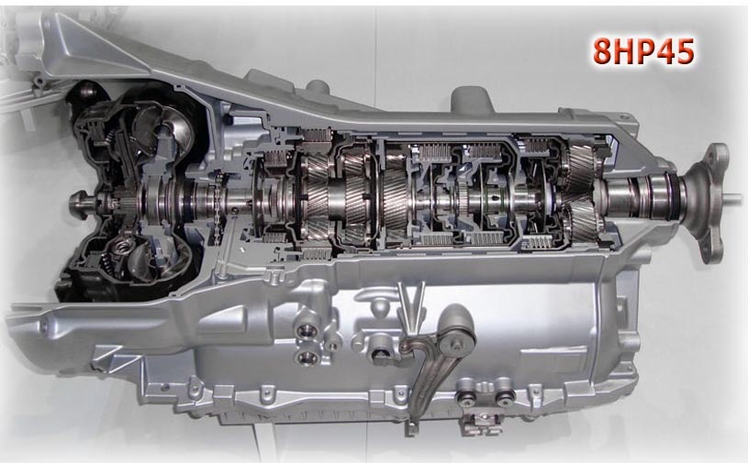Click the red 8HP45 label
(643, 50)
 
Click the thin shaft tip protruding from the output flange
(735, 196)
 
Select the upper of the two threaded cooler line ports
(307, 330)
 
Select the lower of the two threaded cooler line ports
(307, 357)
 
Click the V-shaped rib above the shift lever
(410, 305)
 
